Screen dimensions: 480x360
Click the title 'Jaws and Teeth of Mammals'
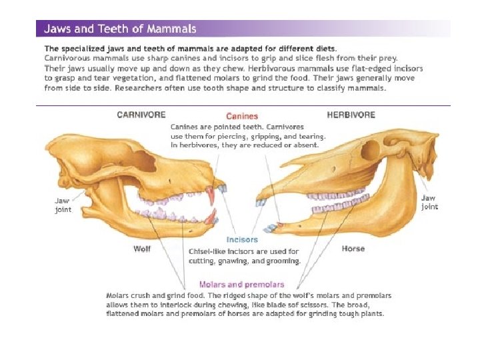pos(120,29)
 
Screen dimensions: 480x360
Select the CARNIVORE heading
pos(141,115)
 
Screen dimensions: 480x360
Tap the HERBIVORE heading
pos(351,115)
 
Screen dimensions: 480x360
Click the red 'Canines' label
pos(242,116)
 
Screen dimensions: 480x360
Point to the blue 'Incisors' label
pos(242,239)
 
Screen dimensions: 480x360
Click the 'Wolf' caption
pos(141,249)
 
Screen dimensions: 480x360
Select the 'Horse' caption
pos(353,249)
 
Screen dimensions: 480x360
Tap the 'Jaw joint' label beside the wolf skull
pos(63,205)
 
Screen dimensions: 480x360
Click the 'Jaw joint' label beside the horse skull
pos(429,202)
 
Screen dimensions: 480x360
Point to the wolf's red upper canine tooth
pos(211,195)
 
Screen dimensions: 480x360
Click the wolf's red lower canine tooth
pos(211,217)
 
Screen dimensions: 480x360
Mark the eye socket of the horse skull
pos(369,151)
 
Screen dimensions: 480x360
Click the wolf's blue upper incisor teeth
pos(221,189)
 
